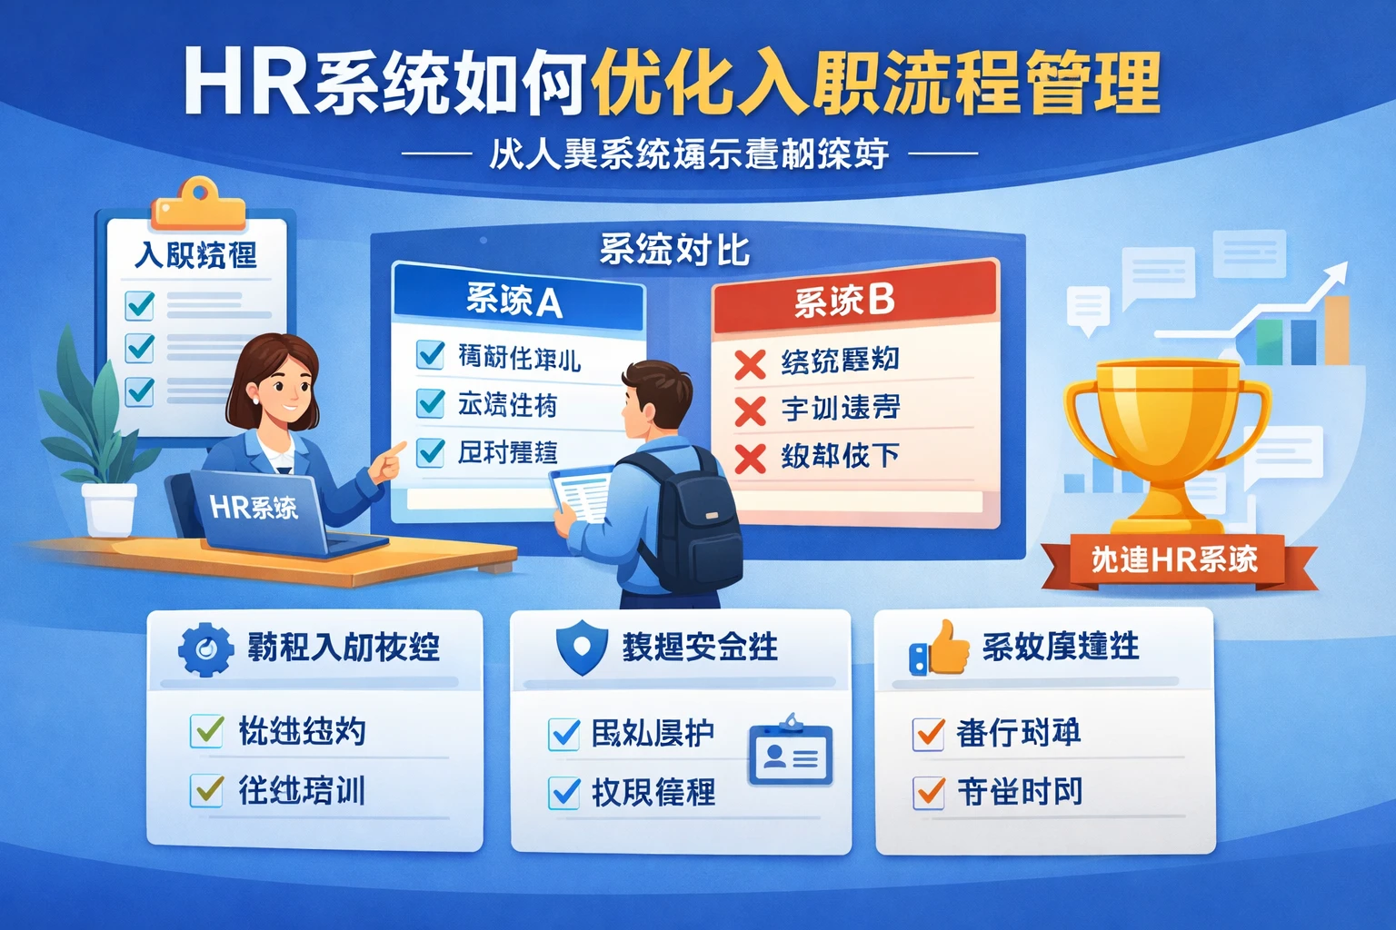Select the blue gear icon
pyautogui.click(x=205, y=648)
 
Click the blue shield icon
pyautogui.click(x=582, y=648)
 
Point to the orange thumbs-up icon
pyautogui.click(x=942, y=648)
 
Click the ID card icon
pyautogui.click(x=790, y=755)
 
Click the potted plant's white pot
pyautogui.click(x=109, y=508)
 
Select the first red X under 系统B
pyautogui.click(x=750, y=364)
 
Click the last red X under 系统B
pyautogui.click(x=750, y=458)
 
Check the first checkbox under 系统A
pyautogui.click(x=430, y=354)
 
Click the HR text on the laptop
pyautogui.click(x=230, y=506)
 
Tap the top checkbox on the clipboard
pyautogui.click(x=140, y=304)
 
